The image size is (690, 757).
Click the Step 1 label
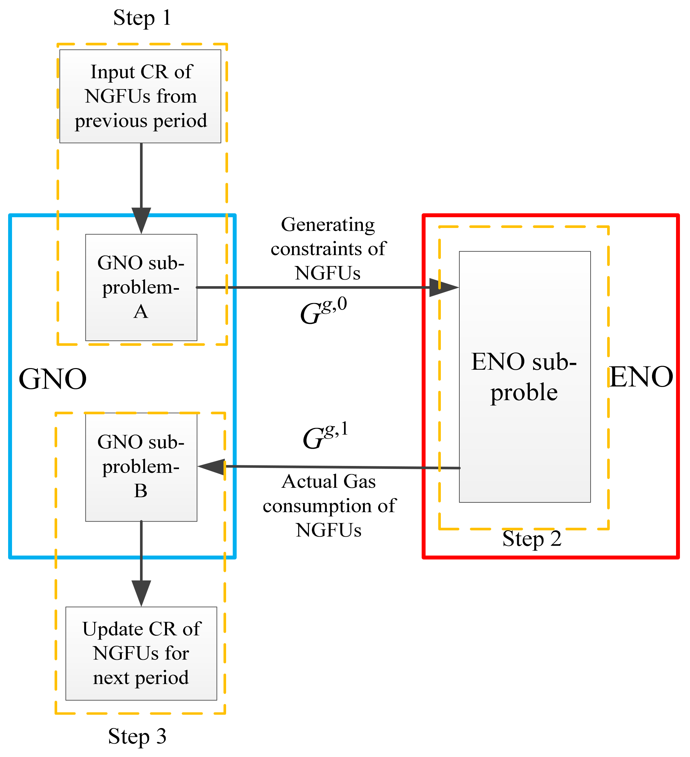(142, 18)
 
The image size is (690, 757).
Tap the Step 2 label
(532, 539)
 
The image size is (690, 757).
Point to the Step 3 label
(137, 736)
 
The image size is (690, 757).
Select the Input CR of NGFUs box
(140, 96)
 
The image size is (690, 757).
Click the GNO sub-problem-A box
(141, 287)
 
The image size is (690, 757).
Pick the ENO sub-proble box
(525, 377)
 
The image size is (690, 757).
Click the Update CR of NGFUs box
(141, 653)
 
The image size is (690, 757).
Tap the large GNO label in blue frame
(53, 379)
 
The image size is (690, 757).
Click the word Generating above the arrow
(328, 225)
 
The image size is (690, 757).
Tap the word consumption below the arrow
(329, 506)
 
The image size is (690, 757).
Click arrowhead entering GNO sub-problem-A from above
(141, 220)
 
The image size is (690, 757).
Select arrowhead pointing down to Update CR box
(141, 593)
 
